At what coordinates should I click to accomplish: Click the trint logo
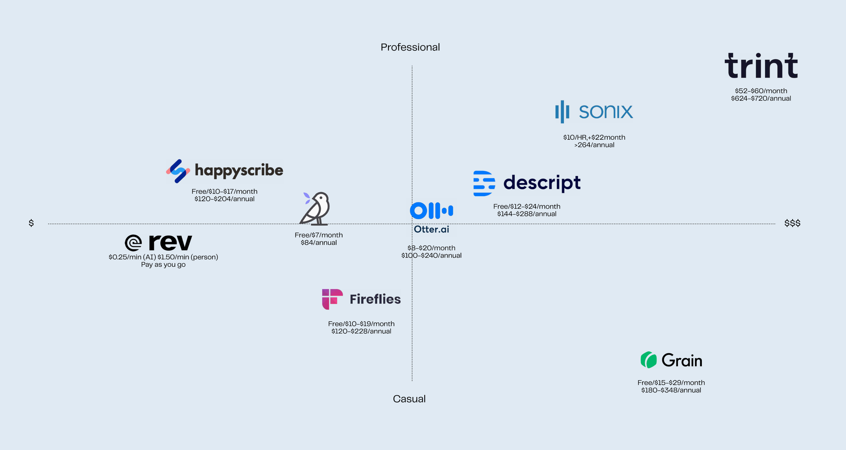pyautogui.click(x=761, y=66)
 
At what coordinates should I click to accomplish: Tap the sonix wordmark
pyautogui.click(x=605, y=112)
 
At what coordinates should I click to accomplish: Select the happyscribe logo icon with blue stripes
pyautogui.click(x=178, y=171)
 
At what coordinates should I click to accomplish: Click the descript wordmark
pyautogui.click(x=542, y=183)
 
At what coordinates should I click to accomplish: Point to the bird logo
pyautogui.click(x=315, y=208)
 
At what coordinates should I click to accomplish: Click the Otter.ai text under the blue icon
pyautogui.click(x=431, y=229)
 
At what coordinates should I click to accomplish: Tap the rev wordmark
pyautogui.click(x=170, y=242)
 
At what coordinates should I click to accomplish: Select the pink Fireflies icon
pyautogui.click(x=332, y=299)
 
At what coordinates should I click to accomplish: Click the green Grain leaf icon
pyautogui.click(x=648, y=360)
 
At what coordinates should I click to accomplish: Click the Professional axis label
pyautogui.click(x=410, y=47)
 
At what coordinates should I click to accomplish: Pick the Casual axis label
pyautogui.click(x=409, y=399)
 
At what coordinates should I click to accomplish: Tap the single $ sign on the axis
pyautogui.click(x=31, y=223)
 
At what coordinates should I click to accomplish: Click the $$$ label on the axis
pyautogui.click(x=792, y=223)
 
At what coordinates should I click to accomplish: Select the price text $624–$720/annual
pyautogui.click(x=761, y=98)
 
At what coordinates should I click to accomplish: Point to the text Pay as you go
pyautogui.click(x=163, y=264)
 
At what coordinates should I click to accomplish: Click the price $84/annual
pyautogui.click(x=318, y=242)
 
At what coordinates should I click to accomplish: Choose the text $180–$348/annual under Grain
pyautogui.click(x=671, y=390)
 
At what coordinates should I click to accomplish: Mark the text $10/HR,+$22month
pyautogui.click(x=594, y=137)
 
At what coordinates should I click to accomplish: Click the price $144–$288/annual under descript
pyautogui.click(x=527, y=214)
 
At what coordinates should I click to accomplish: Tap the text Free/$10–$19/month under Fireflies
pyautogui.click(x=361, y=324)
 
